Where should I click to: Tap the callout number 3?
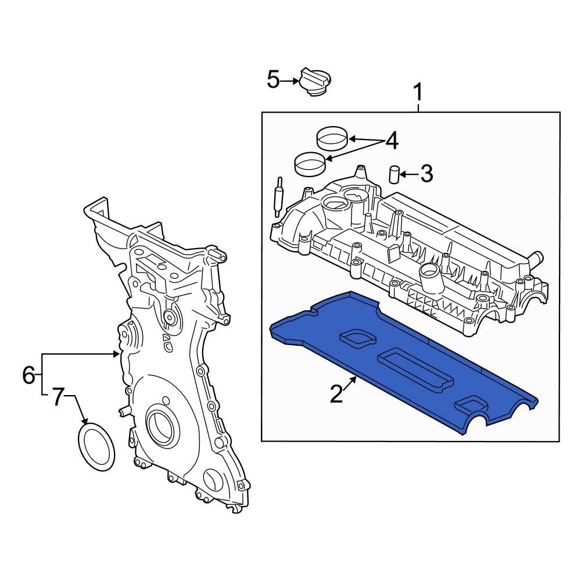click(x=426, y=173)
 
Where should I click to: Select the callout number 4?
click(x=391, y=140)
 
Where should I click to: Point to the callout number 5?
click(x=273, y=80)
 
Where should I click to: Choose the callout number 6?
click(x=28, y=375)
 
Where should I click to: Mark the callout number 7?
click(x=58, y=397)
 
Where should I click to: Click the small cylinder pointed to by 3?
click(x=393, y=174)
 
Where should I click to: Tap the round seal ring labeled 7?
click(x=96, y=444)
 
